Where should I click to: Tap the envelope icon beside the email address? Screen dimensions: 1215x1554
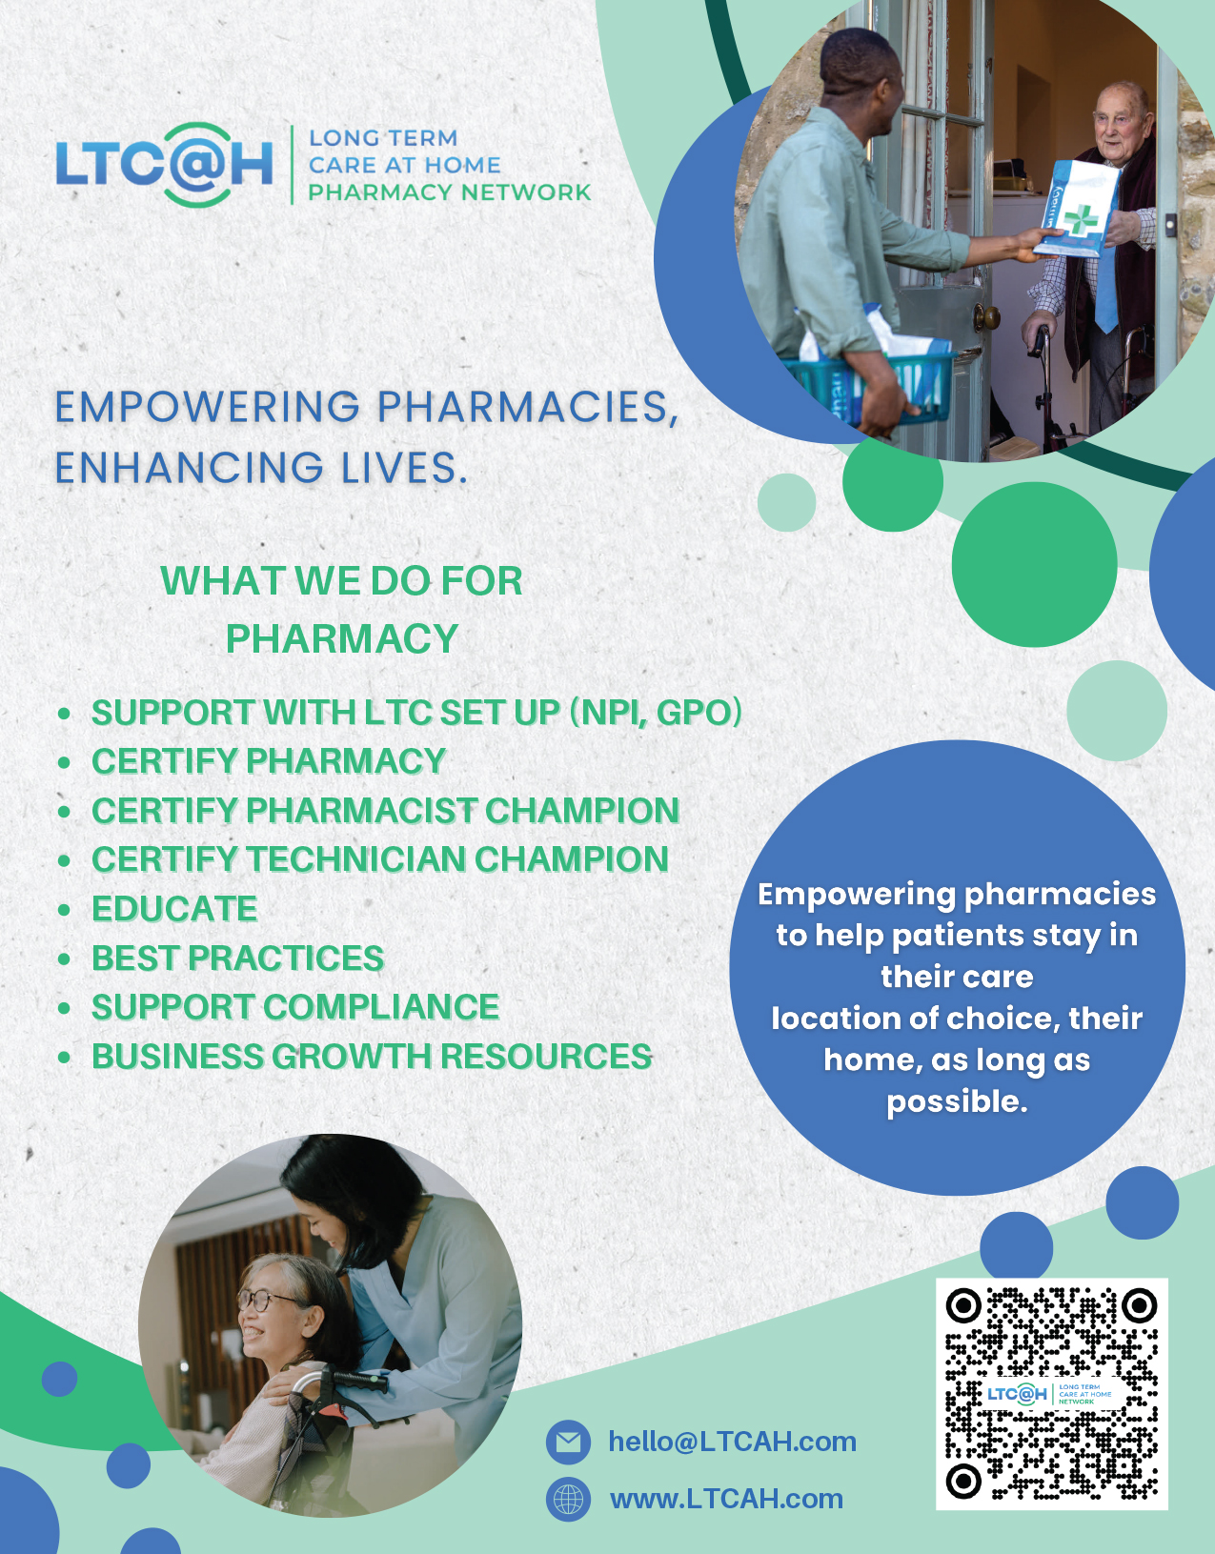[x=568, y=1442]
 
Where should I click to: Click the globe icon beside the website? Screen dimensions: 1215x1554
[x=568, y=1498]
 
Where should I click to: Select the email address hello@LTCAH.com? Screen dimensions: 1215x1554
[x=732, y=1442]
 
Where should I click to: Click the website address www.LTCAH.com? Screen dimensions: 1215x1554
[x=726, y=1498]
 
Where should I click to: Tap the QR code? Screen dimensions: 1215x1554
[x=1052, y=1394]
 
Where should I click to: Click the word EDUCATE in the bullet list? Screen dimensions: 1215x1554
[x=174, y=908]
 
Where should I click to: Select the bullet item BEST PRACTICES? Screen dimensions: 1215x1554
[x=238, y=958]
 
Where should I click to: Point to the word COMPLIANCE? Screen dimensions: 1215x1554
[x=381, y=1007]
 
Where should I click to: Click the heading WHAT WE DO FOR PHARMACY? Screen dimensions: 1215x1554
[x=342, y=609]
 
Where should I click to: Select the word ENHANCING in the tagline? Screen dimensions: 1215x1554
[x=190, y=468]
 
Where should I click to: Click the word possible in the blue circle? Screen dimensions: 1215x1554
[x=957, y=1102]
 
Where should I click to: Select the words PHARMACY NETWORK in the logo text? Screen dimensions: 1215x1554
[x=450, y=192]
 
